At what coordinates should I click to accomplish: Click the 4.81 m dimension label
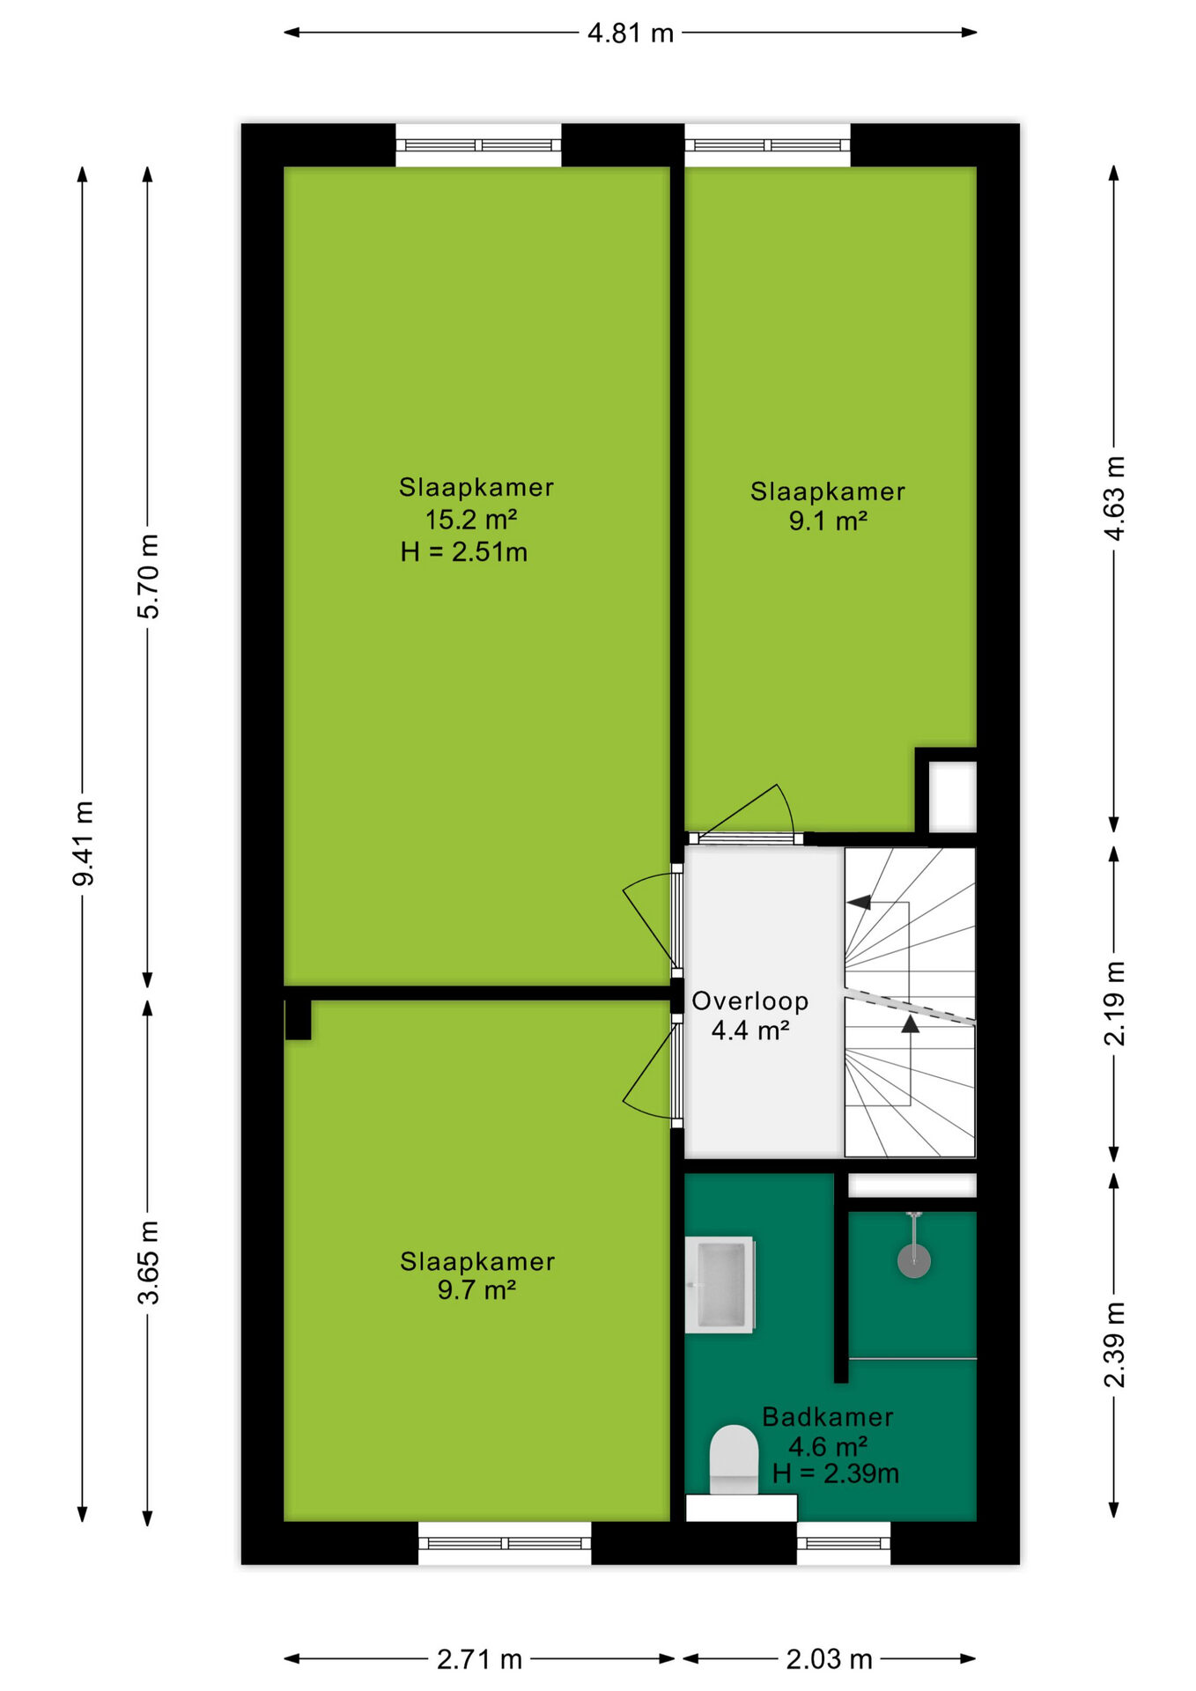click(631, 33)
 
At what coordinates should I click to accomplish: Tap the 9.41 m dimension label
click(84, 843)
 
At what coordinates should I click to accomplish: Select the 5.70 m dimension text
click(149, 576)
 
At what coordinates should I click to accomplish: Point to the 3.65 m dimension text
click(149, 1262)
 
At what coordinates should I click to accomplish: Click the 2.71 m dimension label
click(480, 1659)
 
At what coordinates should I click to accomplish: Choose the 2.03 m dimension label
click(829, 1659)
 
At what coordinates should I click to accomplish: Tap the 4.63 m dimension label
click(1115, 498)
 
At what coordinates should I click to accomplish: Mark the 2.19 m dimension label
click(1115, 1003)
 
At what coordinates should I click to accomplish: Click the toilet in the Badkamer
click(735, 1461)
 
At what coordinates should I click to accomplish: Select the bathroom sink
click(721, 1285)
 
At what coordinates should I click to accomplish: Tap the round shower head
click(914, 1260)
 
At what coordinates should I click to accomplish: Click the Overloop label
click(750, 1001)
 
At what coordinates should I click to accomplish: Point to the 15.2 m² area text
click(471, 520)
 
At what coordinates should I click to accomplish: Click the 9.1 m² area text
click(828, 521)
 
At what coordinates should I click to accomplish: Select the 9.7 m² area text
click(476, 1290)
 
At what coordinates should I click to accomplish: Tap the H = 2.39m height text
click(836, 1473)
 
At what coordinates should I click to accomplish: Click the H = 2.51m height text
click(464, 552)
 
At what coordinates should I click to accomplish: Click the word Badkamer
click(828, 1417)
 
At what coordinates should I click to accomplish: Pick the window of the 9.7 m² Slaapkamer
click(505, 1543)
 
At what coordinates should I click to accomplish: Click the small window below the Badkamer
click(844, 1543)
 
